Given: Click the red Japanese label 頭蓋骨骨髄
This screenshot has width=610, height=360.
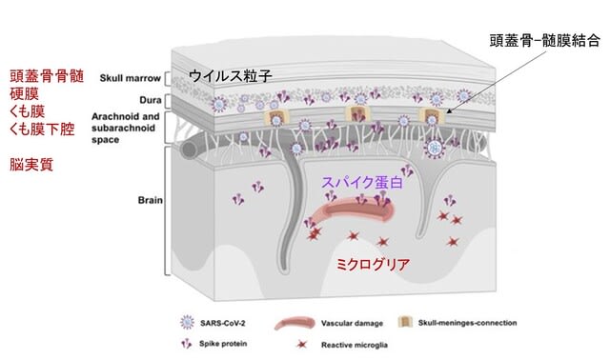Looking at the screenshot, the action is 47,76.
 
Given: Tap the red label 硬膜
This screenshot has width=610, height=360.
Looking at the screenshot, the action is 24,93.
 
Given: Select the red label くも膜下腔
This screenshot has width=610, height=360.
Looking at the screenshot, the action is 42,129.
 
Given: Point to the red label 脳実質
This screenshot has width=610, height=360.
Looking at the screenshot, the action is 31,165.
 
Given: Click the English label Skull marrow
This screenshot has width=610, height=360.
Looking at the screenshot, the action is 131,78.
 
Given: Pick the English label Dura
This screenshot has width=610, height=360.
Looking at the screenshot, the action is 151,100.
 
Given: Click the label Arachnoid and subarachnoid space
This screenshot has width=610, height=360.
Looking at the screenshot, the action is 125,128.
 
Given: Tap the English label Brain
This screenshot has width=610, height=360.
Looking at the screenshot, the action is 151,200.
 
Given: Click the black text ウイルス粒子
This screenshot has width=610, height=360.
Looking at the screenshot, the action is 230,76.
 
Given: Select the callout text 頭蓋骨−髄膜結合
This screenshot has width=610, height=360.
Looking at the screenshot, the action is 544,41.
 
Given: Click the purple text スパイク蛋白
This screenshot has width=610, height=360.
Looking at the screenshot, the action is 362,182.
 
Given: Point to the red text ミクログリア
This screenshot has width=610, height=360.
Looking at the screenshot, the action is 373,265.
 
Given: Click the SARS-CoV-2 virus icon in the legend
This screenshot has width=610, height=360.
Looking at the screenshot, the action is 187,323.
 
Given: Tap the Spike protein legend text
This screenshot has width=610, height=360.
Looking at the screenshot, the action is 223,344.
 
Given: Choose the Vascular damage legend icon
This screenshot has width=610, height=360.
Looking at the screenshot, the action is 295,324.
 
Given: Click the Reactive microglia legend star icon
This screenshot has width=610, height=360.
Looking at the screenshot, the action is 302,345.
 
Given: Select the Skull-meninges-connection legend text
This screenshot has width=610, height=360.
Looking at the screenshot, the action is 467,323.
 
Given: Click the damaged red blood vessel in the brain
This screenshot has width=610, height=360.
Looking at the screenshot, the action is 354,210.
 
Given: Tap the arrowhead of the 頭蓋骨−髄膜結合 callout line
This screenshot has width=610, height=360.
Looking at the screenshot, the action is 449,111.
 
